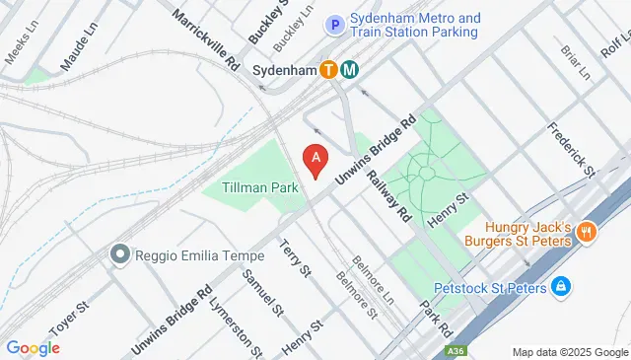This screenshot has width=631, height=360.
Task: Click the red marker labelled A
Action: (315, 159)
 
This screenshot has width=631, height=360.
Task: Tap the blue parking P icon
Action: (335, 25)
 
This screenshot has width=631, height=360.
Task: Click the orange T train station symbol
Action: (328, 70)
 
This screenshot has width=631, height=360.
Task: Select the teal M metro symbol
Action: (350, 70)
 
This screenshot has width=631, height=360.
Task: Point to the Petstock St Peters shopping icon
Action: (560, 287)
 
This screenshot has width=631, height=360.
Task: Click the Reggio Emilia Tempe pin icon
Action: (120, 255)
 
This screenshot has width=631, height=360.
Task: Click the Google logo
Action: (33, 347)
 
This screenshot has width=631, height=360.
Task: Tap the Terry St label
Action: (296, 256)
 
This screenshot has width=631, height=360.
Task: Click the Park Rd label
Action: (435, 316)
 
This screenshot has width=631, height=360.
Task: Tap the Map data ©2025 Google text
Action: (569, 352)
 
